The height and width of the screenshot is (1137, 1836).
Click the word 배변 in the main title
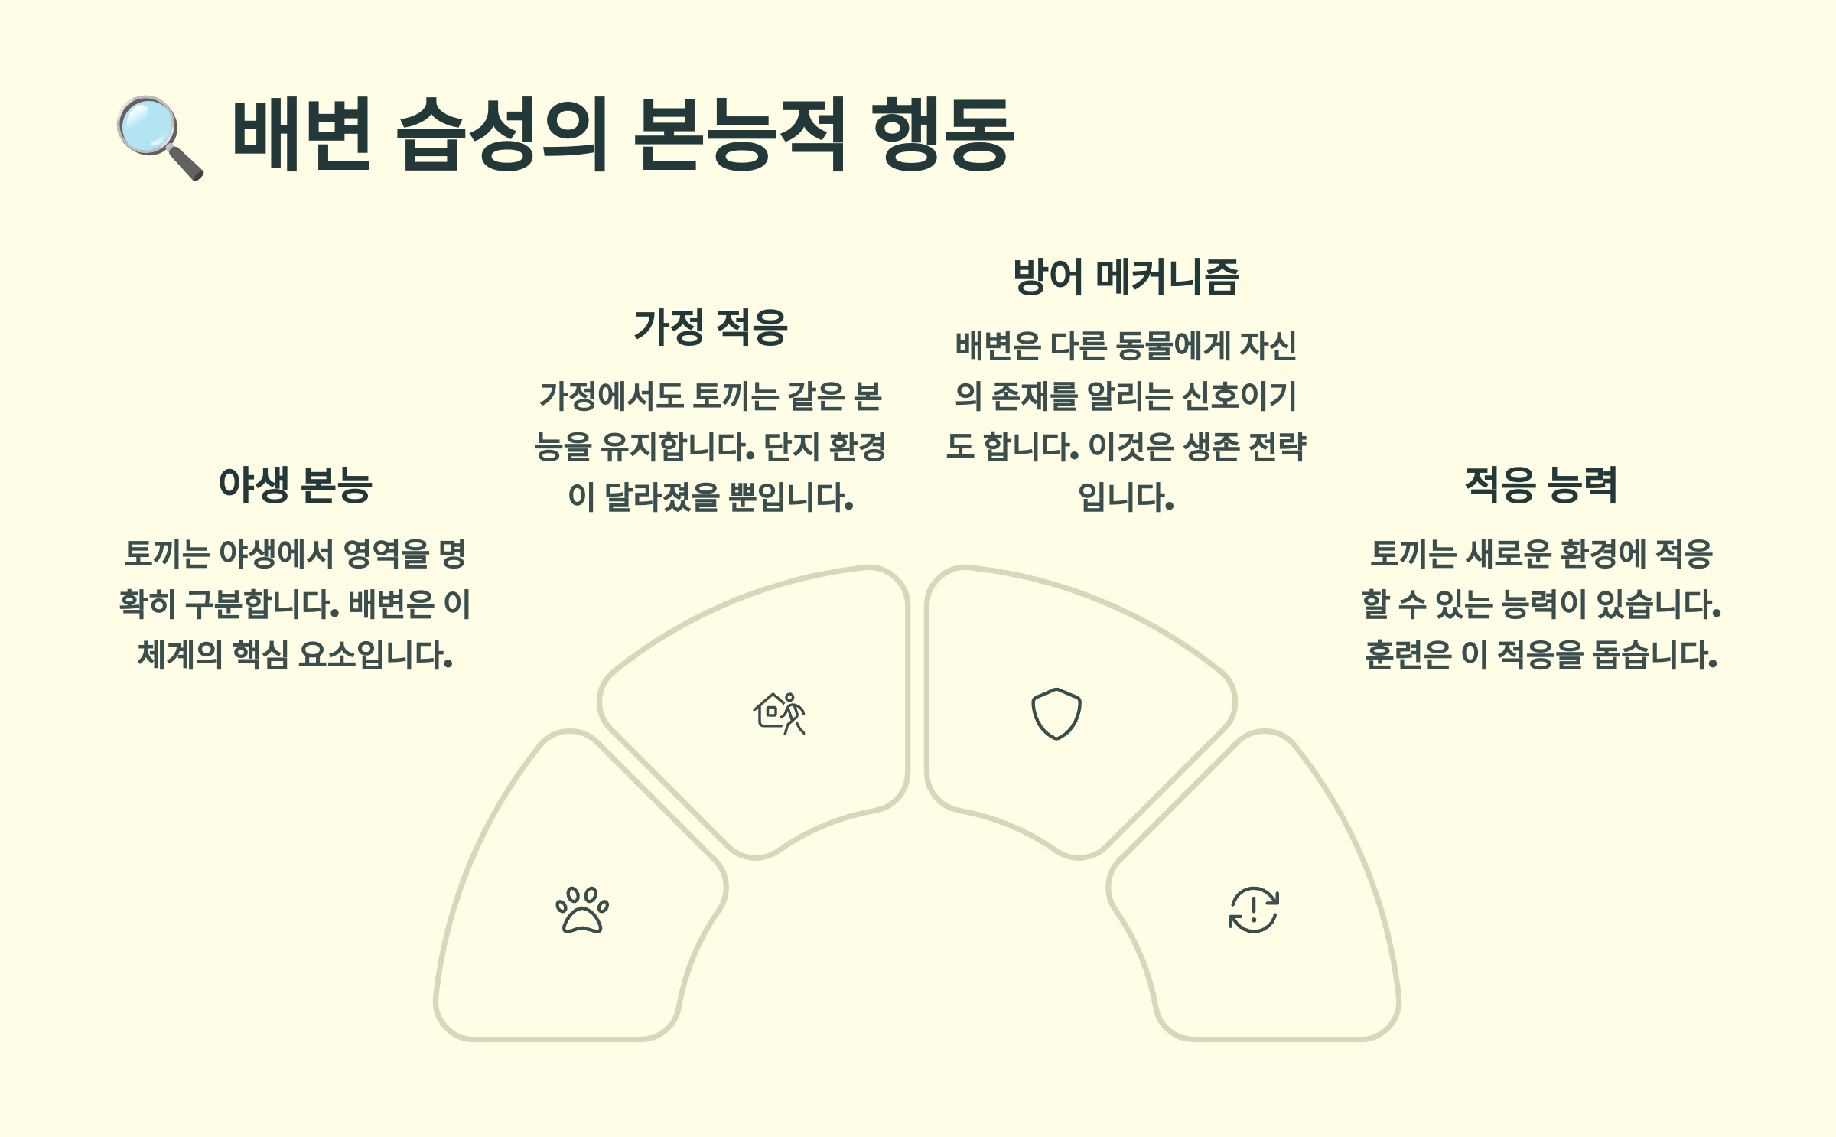(301, 135)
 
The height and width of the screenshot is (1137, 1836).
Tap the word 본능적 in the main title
(739, 135)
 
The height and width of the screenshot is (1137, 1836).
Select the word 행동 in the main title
(942, 135)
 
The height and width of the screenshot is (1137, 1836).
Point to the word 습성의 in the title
(502, 135)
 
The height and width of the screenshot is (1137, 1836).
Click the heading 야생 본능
(295, 484)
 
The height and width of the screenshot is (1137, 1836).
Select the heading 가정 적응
(711, 327)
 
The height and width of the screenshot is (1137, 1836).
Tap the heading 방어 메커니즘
(1125, 277)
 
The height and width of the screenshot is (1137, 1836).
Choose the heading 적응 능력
(1541, 484)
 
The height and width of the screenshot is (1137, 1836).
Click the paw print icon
(582, 910)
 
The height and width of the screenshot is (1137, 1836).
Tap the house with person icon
(780, 713)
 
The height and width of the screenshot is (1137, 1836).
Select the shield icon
(1056, 713)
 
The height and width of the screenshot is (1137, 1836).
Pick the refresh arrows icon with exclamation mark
(1253, 910)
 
